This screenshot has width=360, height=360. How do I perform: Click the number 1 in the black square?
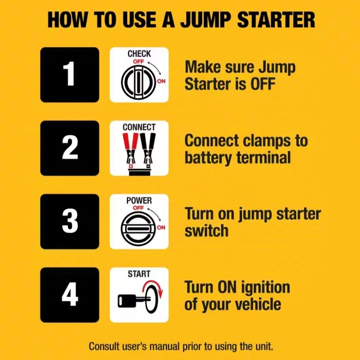70,74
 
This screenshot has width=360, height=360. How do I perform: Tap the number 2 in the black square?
70,148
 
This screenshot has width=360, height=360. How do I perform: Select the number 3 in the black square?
70,222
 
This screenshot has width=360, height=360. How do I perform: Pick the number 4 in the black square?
70,295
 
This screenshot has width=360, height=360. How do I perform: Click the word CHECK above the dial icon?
139,54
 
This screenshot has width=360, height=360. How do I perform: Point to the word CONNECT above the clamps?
139,127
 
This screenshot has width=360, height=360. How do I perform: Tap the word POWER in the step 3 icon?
139,201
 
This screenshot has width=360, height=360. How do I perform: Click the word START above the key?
139,274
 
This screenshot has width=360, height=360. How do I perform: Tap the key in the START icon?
130,301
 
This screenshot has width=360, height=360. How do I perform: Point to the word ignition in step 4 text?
264,288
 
